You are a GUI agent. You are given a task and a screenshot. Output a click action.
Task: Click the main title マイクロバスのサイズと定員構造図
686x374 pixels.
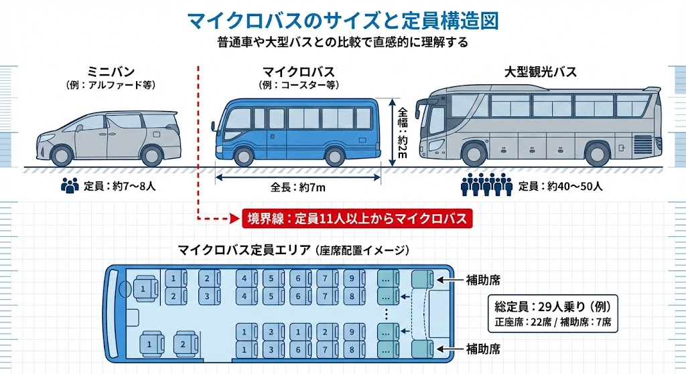(343, 20)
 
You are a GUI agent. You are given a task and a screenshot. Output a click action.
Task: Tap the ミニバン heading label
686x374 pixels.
(111, 72)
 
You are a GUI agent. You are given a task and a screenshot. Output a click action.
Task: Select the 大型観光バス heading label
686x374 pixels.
(540, 72)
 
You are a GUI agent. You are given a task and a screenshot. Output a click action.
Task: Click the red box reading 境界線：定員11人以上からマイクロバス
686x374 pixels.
(357, 218)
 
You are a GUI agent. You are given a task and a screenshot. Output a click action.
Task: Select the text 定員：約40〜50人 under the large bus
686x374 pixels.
(560, 186)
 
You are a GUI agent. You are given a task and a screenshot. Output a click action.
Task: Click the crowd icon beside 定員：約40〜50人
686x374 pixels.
(487, 185)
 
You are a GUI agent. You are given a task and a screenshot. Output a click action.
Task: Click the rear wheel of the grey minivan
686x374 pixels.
(152, 155)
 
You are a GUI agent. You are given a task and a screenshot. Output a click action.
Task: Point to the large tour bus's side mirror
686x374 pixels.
(419, 107)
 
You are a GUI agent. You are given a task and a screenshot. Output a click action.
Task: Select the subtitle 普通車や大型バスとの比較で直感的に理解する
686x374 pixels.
(342, 42)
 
